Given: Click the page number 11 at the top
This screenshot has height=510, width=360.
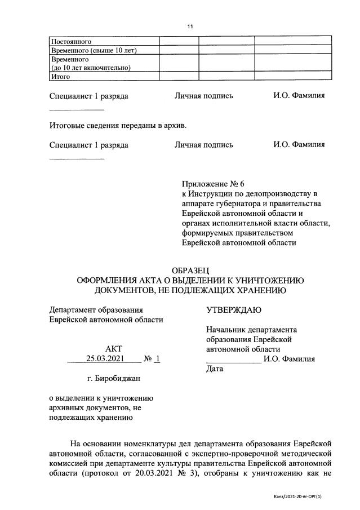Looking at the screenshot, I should [189, 26].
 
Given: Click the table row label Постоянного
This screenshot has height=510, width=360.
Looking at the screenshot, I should [71, 42].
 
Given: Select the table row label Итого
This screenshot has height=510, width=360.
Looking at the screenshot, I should [60, 77].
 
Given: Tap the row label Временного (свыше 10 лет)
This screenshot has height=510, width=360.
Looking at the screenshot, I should [94, 50].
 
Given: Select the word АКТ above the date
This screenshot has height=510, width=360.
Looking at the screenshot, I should [113, 349].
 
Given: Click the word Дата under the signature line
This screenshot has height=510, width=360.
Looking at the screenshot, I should [215, 369].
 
